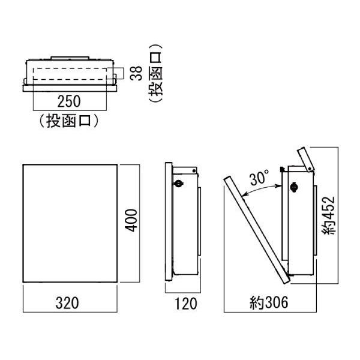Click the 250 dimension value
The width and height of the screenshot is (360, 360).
[x=69, y=101]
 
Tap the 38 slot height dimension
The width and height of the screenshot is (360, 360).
[x=136, y=73]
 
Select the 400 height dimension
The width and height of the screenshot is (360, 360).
[x=131, y=220]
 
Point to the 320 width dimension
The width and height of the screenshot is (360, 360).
[x=67, y=303]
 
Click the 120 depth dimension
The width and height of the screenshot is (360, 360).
[x=186, y=304]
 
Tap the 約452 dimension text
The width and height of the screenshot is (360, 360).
[x=329, y=215]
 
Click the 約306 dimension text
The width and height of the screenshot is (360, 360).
[x=269, y=302]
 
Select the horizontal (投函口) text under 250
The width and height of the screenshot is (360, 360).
[x=69, y=121]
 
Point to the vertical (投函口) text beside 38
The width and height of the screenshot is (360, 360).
[x=155, y=73]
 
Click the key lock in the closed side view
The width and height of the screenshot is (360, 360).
[x=179, y=183]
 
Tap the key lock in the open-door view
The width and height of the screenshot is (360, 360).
[x=293, y=187]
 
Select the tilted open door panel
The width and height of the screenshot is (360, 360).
[x=257, y=230]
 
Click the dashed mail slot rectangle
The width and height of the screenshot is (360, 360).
[x=70, y=74]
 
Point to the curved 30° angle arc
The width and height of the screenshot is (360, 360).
[x=261, y=189]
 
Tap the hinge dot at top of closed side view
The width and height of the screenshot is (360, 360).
[x=194, y=171]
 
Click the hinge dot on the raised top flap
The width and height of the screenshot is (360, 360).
[x=310, y=169]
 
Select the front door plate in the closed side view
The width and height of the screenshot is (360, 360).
[x=169, y=221]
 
